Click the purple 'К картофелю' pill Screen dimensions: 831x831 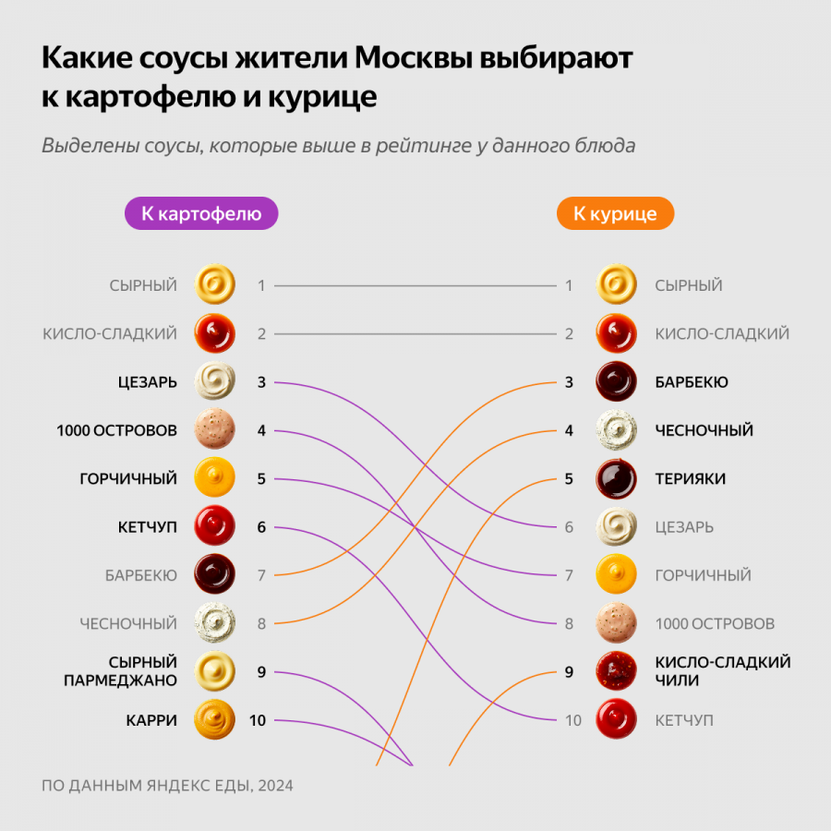pyautogui.click(x=201, y=214)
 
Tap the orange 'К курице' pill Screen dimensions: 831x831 pyautogui.click(x=615, y=214)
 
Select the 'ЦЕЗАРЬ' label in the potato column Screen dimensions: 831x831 pyautogui.click(x=147, y=382)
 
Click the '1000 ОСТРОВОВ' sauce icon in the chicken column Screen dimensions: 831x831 pyautogui.click(x=617, y=623)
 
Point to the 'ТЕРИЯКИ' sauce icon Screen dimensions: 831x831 pyautogui.click(x=617, y=478)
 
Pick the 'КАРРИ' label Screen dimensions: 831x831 pyautogui.click(x=151, y=720)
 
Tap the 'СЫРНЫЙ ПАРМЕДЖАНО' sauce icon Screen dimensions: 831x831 pyautogui.click(x=214, y=671)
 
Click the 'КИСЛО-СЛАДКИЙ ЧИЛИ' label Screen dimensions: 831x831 pyautogui.click(x=722, y=671)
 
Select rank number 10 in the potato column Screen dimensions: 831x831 pyautogui.click(x=258, y=720)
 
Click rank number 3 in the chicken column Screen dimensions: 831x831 pyautogui.click(x=569, y=382)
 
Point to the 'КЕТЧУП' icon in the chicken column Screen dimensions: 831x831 pyautogui.click(x=617, y=720)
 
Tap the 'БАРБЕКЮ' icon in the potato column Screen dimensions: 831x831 pyautogui.click(x=214, y=575)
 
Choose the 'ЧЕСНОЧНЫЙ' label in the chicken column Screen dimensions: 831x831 pyautogui.click(x=704, y=430)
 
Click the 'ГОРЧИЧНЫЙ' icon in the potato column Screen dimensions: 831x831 pyautogui.click(x=214, y=478)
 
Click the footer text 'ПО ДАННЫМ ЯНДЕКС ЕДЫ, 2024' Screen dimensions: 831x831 pyautogui.click(x=167, y=786)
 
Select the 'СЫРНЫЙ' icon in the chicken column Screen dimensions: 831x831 pyautogui.click(x=617, y=285)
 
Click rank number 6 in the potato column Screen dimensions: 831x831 pyautogui.click(x=261, y=527)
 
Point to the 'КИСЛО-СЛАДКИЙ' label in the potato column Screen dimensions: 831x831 pyautogui.click(x=110, y=334)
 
